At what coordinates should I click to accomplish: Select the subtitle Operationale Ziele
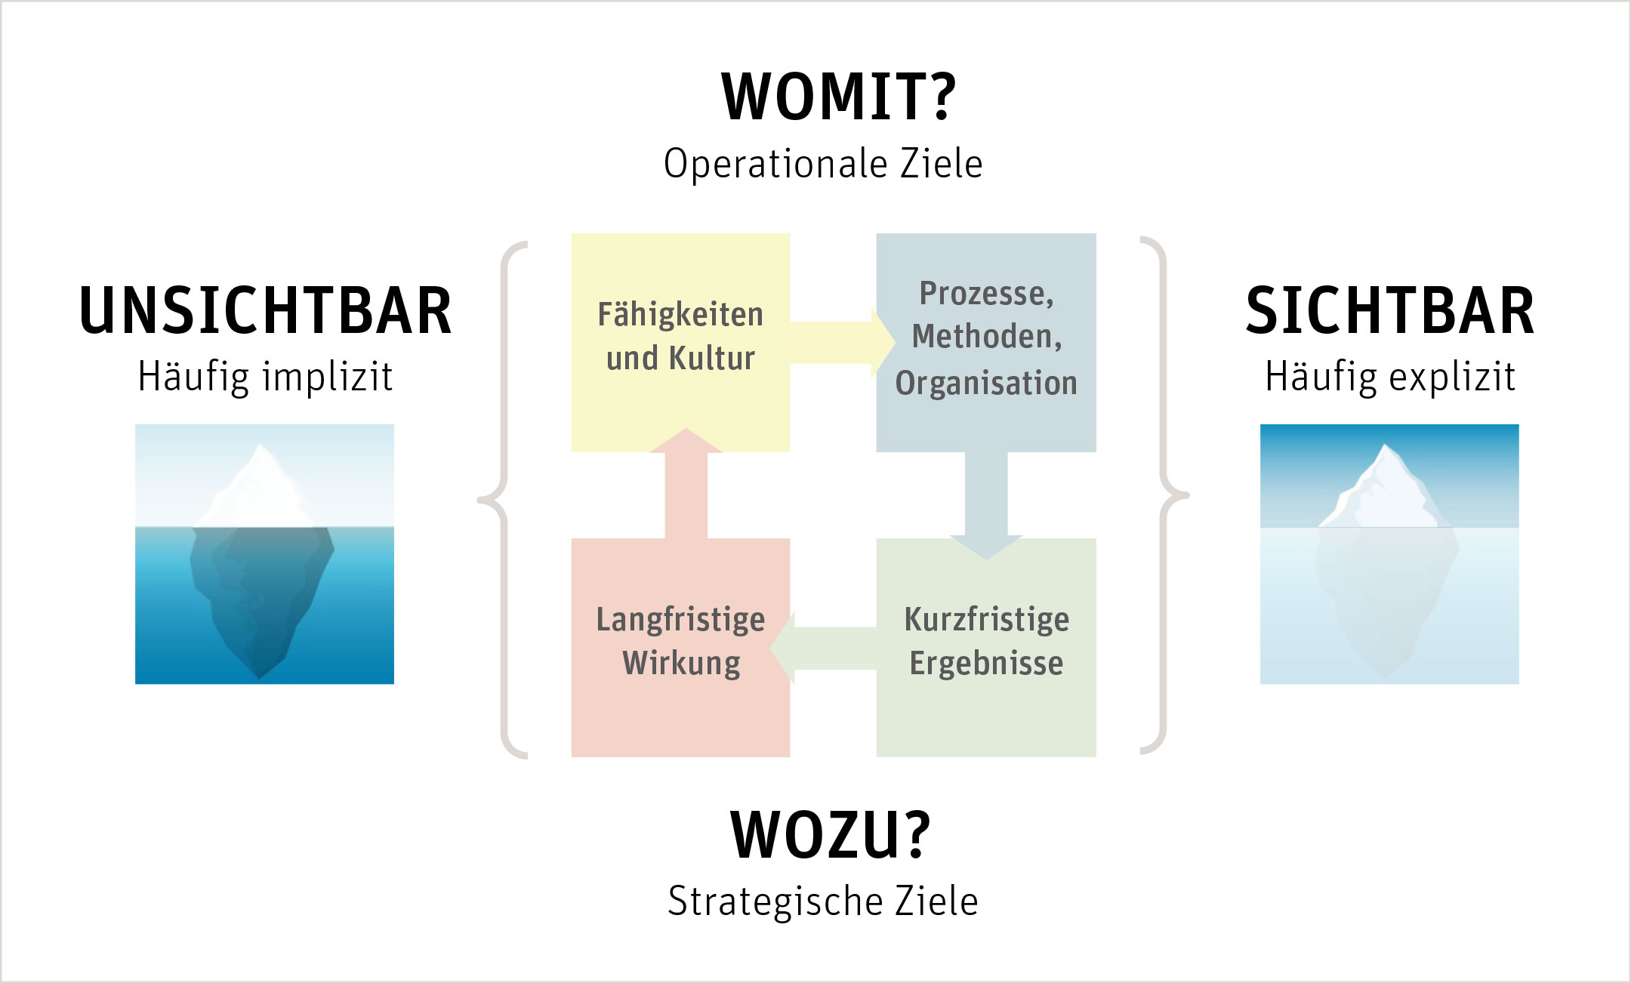click(x=823, y=164)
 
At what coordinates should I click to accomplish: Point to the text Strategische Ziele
click(x=823, y=901)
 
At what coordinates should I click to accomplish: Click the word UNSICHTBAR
click(x=265, y=310)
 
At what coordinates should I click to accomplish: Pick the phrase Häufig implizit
click(x=265, y=376)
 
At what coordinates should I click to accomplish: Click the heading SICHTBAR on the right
click(x=1389, y=310)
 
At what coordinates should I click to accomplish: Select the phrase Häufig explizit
click(x=1389, y=376)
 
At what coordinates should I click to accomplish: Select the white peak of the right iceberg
click(x=1386, y=487)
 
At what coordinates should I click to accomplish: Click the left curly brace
click(x=501, y=498)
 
